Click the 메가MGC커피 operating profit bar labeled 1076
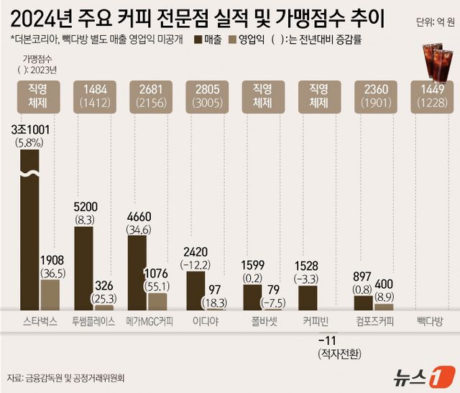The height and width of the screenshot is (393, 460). [157, 301]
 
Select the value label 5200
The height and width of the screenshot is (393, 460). [86, 205]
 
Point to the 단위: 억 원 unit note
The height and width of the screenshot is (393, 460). [434, 22]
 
